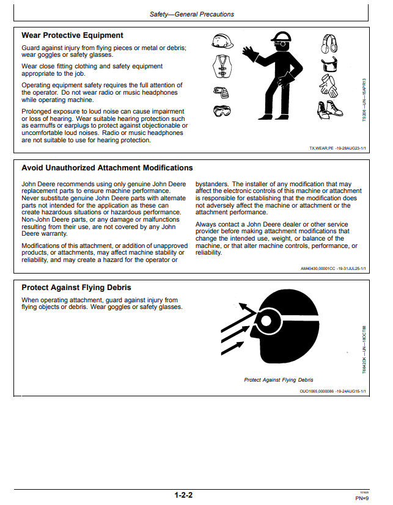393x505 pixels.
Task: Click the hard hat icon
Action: pos(222,42)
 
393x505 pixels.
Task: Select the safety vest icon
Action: pos(222,67)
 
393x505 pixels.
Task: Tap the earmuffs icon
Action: pos(329,43)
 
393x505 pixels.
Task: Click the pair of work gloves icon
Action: pos(329,85)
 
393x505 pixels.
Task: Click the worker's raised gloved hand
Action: pos(249,53)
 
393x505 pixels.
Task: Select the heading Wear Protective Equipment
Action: pos(72,35)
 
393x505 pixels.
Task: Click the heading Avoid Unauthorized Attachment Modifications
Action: pos(107,168)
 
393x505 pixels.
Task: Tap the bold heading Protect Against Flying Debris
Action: pos(76,287)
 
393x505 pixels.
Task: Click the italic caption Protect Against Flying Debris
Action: pos(279,380)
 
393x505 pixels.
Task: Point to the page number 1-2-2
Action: pos(183,495)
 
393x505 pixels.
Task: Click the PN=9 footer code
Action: pos(362,498)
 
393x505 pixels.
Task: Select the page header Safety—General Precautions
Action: pos(192,14)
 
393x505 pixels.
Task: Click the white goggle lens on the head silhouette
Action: pos(266,321)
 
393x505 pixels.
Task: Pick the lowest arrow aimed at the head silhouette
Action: pos(232,348)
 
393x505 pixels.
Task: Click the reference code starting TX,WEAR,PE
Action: pos(337,148)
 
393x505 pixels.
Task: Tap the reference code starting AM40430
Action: pos(333,269)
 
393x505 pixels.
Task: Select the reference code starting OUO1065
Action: pos(332,391)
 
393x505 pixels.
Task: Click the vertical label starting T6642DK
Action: pos(364,350)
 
